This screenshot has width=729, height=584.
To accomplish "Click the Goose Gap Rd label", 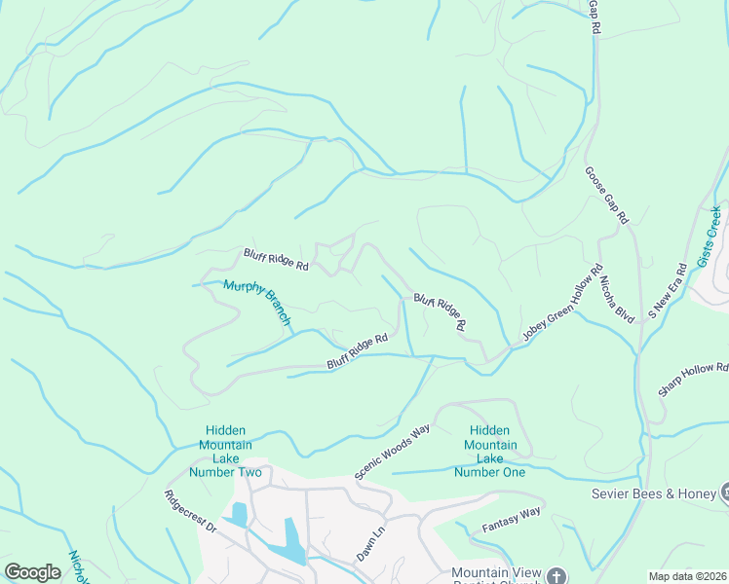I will (x=606, y=196).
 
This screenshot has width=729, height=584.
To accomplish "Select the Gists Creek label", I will (x=710, y=236).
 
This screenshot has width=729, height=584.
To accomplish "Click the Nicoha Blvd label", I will (x=617, y=302).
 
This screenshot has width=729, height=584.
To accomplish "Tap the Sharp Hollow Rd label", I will (x=693, y=380).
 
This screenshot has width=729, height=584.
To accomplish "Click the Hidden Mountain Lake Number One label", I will (x=491, y=452).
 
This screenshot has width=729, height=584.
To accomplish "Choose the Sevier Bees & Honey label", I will (x=654, y=493).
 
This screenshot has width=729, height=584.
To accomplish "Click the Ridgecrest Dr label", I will (x=190, y=510).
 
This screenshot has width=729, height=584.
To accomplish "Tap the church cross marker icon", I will (x=556, y=576).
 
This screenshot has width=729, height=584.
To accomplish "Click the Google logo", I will (x=33, y=571).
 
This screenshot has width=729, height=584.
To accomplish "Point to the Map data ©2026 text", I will (x=687, y=576).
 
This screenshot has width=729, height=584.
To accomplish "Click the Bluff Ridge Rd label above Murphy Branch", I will (x=276, y=260).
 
